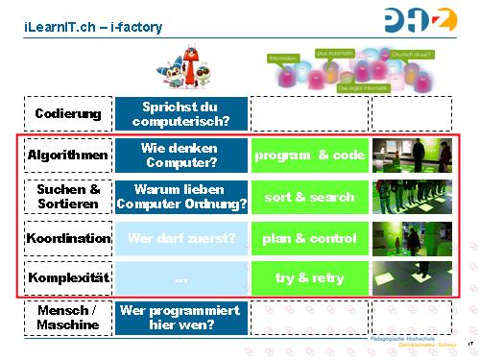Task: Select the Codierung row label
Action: [67, 114]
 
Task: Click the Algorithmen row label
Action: [67, 155]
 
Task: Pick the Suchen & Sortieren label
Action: [67, 197]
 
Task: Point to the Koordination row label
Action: [67, 238]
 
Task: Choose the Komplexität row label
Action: [67, 278]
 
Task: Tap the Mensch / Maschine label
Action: [67, 318]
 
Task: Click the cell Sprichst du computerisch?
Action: [180, 114]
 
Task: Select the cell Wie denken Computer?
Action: [180, 155]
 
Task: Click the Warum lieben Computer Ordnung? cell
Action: [180, 197]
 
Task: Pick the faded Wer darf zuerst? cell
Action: [180, 238]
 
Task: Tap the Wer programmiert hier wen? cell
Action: [180, 318]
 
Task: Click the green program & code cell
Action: [309, 156]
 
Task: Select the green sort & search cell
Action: [309, 197]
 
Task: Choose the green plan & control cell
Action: [309, 238]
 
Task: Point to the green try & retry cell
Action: [309, 278]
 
